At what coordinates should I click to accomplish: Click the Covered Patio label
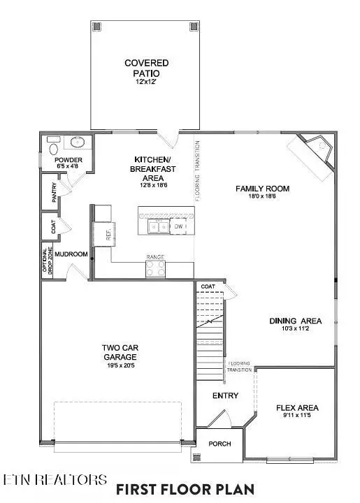(146, 68)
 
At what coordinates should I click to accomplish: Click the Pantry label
(55, 193)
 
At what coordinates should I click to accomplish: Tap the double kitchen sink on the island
(157, 226)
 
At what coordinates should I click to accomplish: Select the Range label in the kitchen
(154, 257)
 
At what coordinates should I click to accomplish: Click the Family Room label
(262, 189)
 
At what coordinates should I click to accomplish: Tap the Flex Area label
(298, 408)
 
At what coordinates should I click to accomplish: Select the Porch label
(219, 444)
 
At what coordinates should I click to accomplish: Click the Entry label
(225, 396)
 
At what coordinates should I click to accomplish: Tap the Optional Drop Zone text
(47, 263)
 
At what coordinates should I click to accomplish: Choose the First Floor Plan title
(185, 488)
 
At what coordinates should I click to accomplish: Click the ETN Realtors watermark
(55, 480)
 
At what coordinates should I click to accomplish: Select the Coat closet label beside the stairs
(208, 286)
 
